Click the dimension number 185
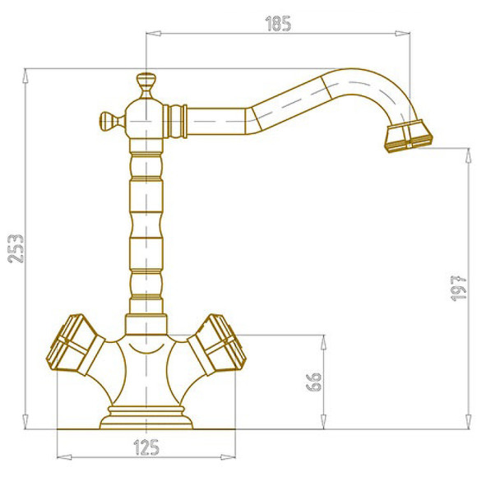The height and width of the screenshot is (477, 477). click(x=278, y=24)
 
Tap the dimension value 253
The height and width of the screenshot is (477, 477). click(x=16, y=248)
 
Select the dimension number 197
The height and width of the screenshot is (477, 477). click(x=458, y=288)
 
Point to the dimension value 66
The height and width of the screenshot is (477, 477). click(x=313, y=382)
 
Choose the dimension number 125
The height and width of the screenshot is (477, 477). click(x=146, y=447)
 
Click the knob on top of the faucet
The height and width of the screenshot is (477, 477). click(x=146, y=86)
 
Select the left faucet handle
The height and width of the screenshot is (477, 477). click(x=75, y=345)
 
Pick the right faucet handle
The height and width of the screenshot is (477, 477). click(x=216, y=345)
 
